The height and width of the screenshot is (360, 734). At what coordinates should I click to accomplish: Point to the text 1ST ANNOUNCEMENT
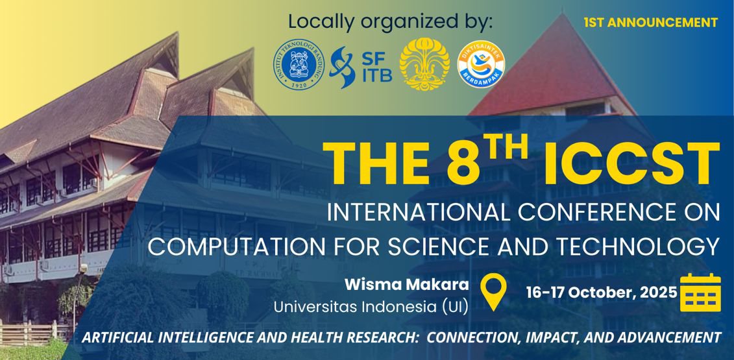(650, 23)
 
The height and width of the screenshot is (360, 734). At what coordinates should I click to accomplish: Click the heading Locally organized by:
(390, 21)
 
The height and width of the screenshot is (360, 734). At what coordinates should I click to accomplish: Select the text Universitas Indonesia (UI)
(371, 306)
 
